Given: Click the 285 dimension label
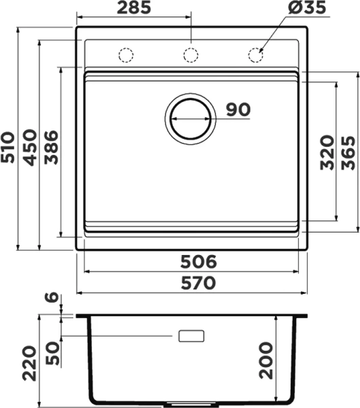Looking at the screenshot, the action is (134, 7).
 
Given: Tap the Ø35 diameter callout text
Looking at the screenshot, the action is (307, 7).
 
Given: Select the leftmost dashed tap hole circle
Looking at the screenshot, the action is (126, 55).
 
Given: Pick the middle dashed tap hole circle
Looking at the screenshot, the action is (191, 55).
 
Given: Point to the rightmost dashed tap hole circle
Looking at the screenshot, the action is (255, 55).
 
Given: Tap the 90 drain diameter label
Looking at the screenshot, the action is (238, 109).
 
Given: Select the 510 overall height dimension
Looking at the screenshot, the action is (7, 148).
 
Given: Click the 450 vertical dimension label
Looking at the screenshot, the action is (30, 148).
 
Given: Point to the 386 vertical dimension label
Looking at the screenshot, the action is (51, 148).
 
